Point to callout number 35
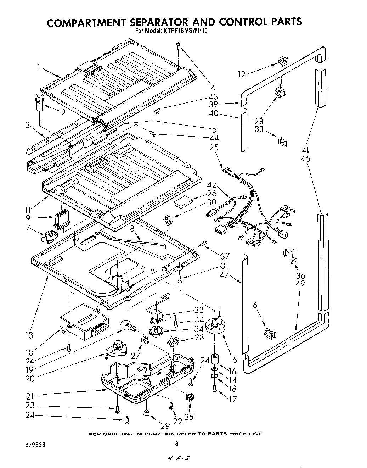click(189, 417)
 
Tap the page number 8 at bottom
click(176, 444)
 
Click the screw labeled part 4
click(179, 45)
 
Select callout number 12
click(242, 74)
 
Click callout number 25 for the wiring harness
click(214, 147)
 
